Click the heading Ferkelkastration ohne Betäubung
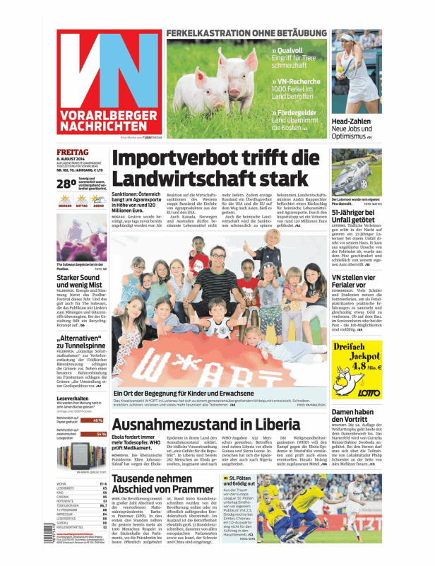pos(246,33)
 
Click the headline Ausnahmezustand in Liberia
pos(195,425)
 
